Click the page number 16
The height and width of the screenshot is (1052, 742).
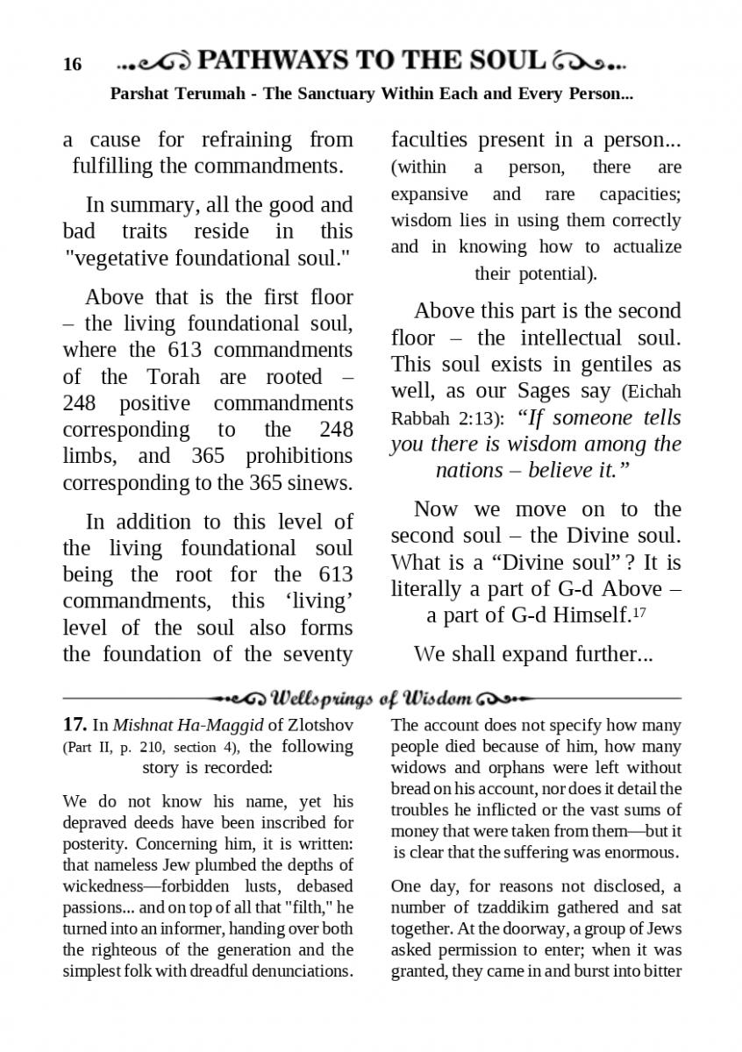pyautogui.click(x=72, y=65)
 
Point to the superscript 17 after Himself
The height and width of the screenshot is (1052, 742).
pyautogui.click(x=640, y=612)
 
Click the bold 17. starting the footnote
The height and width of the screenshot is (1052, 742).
pyautogui.click(x=75, y=725)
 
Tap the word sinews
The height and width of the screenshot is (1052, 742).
pyautogui.click(x=320, y=483)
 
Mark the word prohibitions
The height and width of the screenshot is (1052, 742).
pyautogui.click(x=299, y=457)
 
